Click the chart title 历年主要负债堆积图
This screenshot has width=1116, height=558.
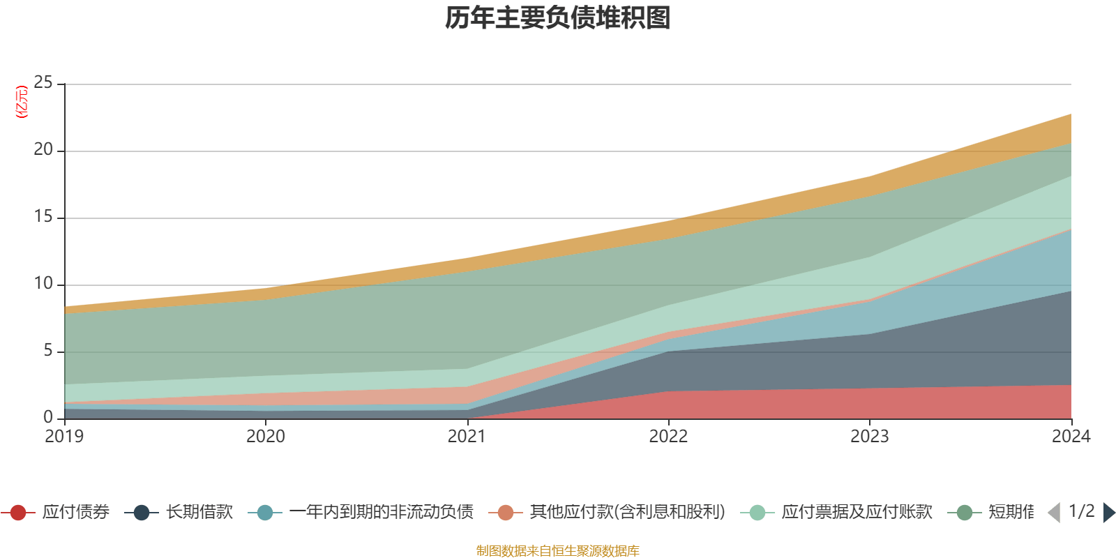558,18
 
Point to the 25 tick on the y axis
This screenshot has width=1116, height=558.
43,83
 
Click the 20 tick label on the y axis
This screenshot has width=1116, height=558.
43,150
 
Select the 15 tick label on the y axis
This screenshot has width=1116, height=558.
43,217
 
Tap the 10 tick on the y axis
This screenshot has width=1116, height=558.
43,284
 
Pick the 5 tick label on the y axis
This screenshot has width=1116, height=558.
48,351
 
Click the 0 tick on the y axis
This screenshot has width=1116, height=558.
48,417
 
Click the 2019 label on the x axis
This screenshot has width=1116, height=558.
64,437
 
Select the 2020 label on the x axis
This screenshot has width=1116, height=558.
266,437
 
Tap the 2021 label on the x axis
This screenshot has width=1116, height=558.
467,437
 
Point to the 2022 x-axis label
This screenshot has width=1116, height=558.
668,437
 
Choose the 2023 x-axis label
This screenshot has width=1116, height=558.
870,437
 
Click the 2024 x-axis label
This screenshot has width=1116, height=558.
1071,437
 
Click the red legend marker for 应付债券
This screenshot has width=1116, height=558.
19,513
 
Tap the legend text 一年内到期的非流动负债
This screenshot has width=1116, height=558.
381,513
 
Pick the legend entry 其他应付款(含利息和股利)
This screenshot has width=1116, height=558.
626,513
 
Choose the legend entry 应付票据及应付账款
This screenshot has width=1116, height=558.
856,513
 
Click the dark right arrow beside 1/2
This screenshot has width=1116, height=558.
1108,513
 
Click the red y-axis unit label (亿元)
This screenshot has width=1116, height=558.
22,103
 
